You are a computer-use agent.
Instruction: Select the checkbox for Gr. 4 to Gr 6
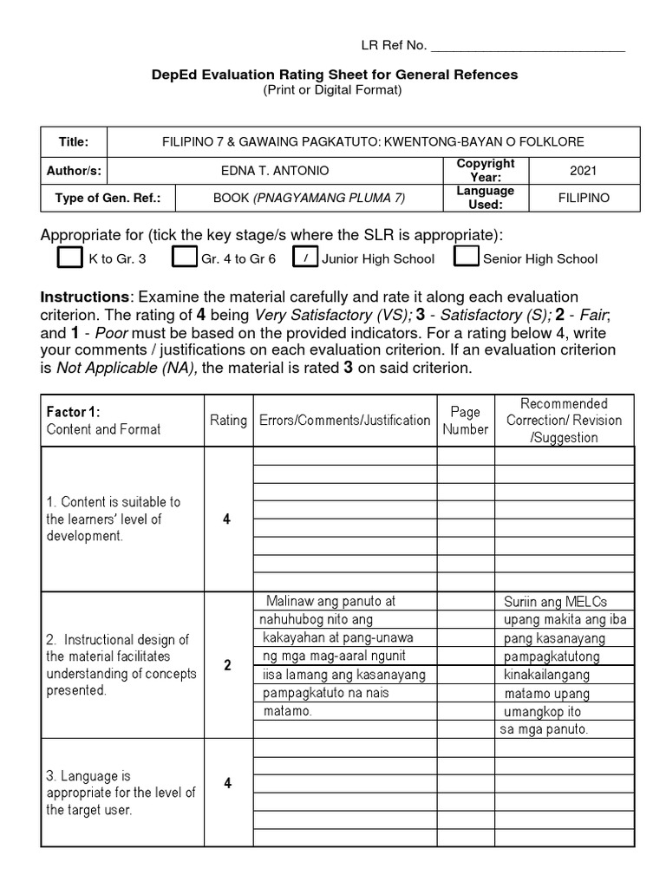[184, 258]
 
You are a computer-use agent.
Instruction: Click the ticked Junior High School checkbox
[305, 258]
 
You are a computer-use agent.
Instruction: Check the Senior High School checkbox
[467, 258]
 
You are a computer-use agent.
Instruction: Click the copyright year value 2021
[602, 171]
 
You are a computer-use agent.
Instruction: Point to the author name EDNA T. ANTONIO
[275, 171]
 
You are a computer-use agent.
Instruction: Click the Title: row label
[74, 141]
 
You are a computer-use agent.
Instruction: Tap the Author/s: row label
[75, 171]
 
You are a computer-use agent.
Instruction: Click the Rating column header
[228, 421]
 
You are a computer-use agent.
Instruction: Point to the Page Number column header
[466, 421]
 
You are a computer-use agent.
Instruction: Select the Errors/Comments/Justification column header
[344, 421]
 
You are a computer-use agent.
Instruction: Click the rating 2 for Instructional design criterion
[227, 666]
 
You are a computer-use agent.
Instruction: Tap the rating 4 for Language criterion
[227, 784]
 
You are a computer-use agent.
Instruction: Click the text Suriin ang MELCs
[555, 602]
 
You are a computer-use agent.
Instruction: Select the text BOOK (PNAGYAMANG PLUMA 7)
[309, 198]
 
